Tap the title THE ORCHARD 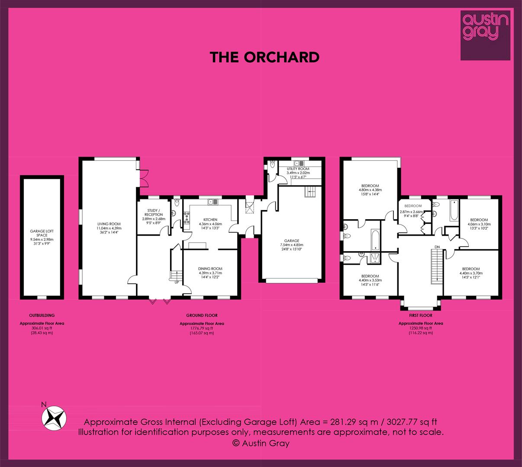click(264, 57)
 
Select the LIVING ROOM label click(109, 224)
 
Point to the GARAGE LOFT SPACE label click(42, 233)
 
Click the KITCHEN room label click(210, 220)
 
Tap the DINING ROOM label click(210, 269)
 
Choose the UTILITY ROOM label click(298, 169)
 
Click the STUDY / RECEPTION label click(154, 212)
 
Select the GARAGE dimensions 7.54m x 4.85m click(292, 245)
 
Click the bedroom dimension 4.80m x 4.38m click(370, 190)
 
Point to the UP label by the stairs click(177, 282)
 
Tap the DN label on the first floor click(437, 247)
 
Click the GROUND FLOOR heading click(202, 315)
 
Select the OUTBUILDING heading click(42, 315)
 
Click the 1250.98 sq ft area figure click(420, 328)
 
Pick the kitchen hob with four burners click(187, 218)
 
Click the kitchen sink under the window click(213, 202)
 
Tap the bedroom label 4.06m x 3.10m click(479, 224)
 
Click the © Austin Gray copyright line click(261, 443)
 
